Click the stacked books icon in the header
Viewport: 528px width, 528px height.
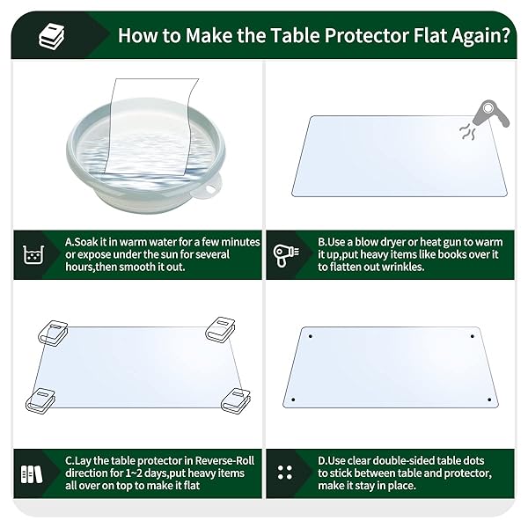tap(52, 36)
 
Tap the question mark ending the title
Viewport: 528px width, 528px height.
tap(505, 35)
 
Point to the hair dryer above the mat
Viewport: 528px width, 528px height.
tap(491, 114)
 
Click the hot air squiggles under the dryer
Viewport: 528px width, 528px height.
tap(467, 131)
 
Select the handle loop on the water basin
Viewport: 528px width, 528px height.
tap(210, 188)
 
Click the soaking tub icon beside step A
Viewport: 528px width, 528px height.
tap(33, 254)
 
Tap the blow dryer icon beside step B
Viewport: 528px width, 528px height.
tap(286, 255)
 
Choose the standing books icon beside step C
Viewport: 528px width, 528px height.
tap(32, 474)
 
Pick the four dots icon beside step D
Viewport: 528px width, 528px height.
tap(285, 473)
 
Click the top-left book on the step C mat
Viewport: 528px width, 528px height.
tap(53, 333)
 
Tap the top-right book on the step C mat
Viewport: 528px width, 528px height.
tap(220, 329)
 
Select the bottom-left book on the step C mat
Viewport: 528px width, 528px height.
tap(40, 401)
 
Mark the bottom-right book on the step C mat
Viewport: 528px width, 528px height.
tap(236, 400)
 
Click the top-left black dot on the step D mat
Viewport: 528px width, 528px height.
tap(310, 336)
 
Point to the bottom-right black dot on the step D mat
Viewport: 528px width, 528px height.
tap(489, 400)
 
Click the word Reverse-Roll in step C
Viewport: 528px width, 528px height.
tap(224, 460)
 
